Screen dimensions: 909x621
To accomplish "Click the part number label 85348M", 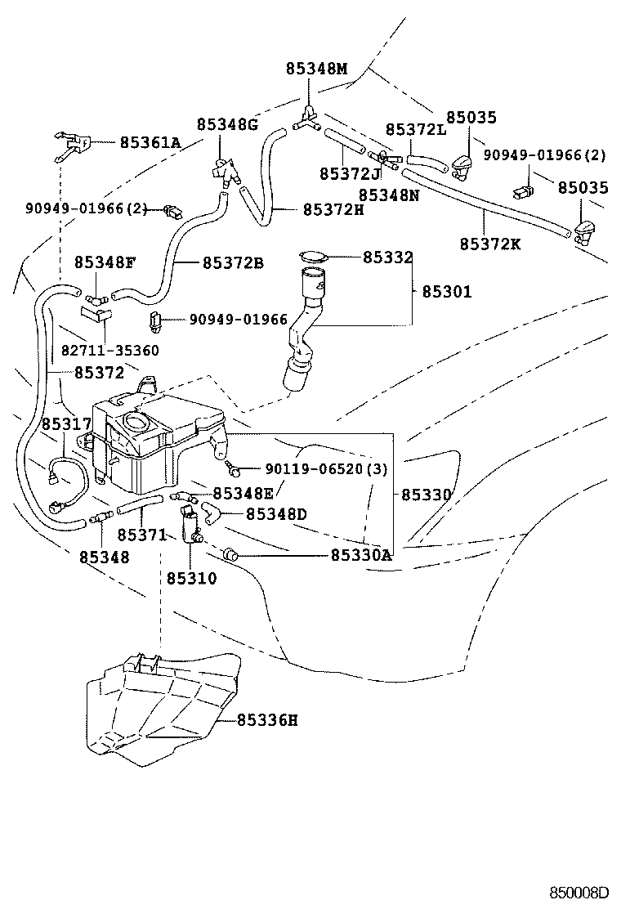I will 316,69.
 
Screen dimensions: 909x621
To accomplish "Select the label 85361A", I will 150,142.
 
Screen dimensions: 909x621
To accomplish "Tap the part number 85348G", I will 226,124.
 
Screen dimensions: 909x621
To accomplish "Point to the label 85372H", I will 333,209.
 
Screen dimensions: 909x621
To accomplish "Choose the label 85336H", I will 267,720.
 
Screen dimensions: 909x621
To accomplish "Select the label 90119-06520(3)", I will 326,469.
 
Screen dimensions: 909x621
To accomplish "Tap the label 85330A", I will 361,555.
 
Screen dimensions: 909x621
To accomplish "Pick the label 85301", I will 448,291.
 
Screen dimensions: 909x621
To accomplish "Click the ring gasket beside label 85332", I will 312,257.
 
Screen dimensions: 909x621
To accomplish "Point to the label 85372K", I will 489,243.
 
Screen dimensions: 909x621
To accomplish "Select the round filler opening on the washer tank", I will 133,423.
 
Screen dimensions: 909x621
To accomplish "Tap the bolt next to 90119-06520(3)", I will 233,469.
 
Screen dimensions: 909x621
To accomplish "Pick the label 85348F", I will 105,262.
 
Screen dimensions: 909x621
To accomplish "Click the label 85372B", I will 233,262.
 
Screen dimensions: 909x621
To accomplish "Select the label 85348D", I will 276,513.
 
